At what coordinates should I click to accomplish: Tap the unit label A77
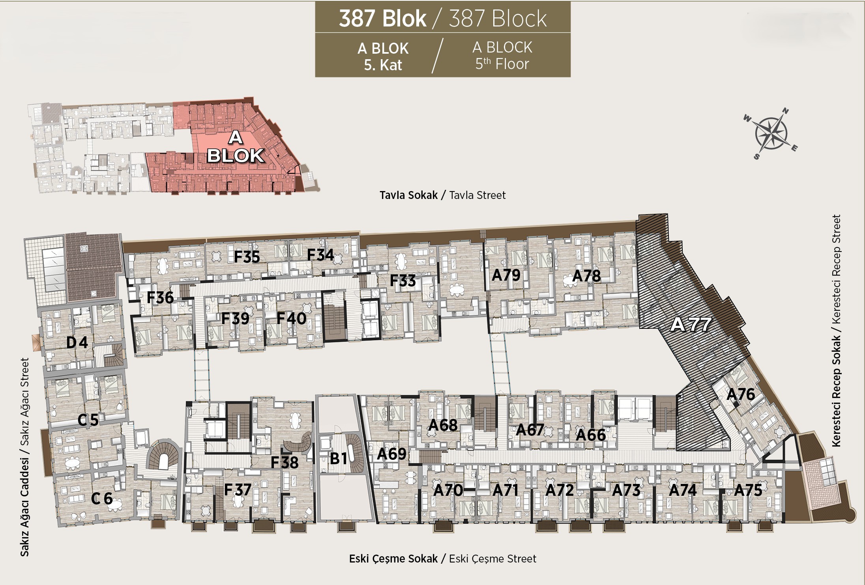click(x=691, y=324)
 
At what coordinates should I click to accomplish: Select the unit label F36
click(x=160, y=298)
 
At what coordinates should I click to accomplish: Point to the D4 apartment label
click(x=77, y=342)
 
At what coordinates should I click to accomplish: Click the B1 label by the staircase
click(x=339, y=458)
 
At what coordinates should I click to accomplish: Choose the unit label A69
click(x=391, y=454)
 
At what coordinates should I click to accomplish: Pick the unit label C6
click(x=102, y=499)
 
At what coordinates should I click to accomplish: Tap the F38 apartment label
click(x=285, y=463)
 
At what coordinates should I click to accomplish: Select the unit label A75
click(x=748, y=490)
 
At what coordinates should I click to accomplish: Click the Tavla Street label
click(x=477, y=195)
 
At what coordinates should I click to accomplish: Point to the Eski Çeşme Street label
click(x=492, y=559)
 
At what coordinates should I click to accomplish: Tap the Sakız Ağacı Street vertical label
click(x=24, y=401)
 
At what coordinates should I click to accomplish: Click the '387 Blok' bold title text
click(x=382, y=18)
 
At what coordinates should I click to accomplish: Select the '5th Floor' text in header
click(x=502, y=64)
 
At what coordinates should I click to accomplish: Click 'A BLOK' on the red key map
click(x=236, y=147)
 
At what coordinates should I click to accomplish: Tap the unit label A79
click(x=506, y=275)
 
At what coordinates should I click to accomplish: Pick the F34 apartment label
click(x=320, y=255)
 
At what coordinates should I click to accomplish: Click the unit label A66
click(x=591, y=435)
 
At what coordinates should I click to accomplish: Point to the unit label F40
click(x=291, y=318)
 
